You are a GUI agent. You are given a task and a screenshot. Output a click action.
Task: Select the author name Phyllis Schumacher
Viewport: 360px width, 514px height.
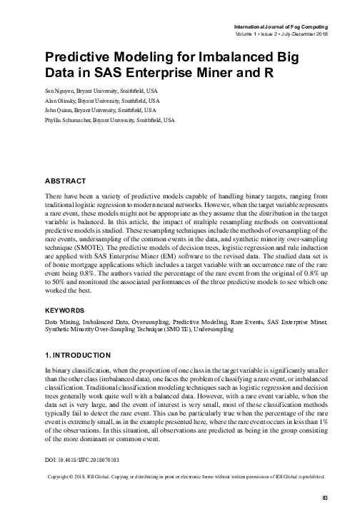[72, 121]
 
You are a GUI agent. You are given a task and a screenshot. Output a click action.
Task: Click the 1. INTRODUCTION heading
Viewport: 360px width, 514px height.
[77, 355]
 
